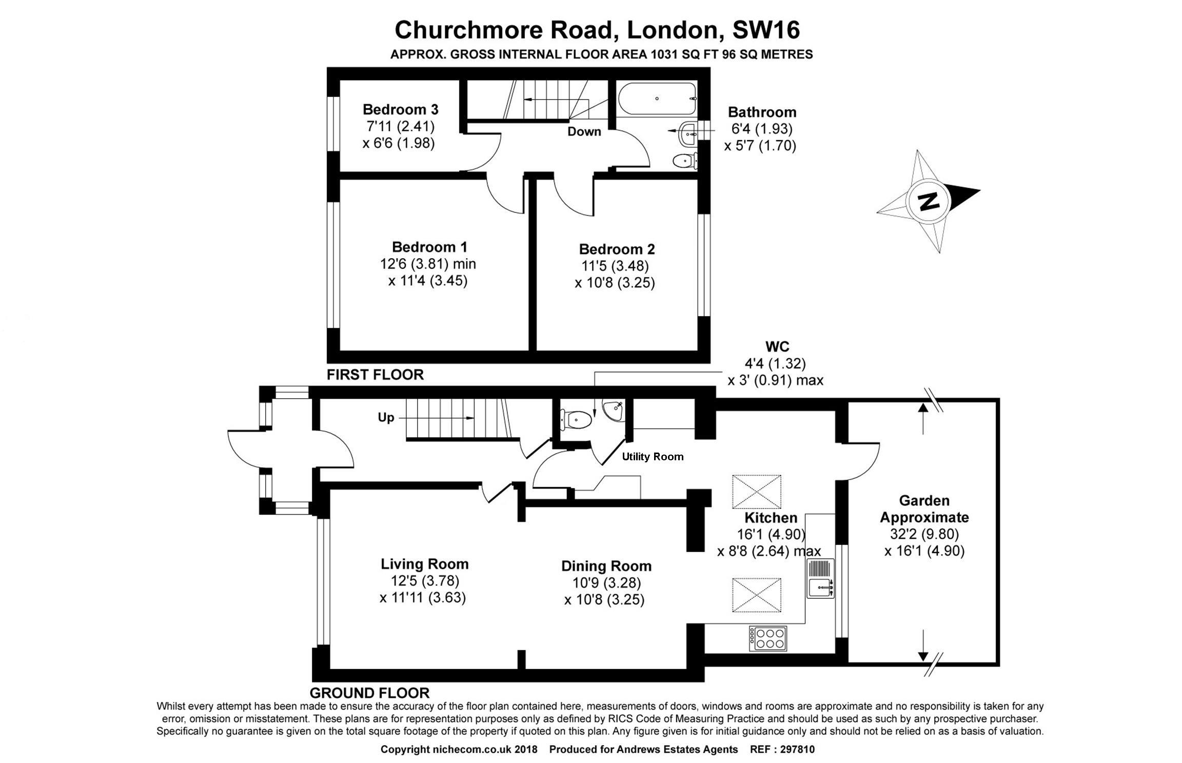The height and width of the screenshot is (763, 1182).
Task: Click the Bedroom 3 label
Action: (x=400, y=109)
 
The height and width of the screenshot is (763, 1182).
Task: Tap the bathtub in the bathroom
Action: (x=657, y=99)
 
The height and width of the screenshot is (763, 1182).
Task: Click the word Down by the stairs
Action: (x=584, y=131)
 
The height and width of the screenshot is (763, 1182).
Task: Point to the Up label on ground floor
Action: (x=386, y=418)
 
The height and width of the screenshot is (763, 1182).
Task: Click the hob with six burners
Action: (x=768, y=639)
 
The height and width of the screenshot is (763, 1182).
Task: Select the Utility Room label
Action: (x=653, y=457)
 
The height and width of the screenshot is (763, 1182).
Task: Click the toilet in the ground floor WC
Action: (x=576, y=420)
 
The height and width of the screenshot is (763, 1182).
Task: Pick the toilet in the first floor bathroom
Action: (x=684, y=161)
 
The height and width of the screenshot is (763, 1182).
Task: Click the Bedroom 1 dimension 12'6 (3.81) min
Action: (x=428, y=264)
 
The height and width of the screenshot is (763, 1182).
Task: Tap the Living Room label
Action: (x=424, y=564)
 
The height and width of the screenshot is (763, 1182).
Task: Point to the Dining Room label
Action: (x=606, y=566)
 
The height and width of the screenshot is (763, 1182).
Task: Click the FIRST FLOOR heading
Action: (x=375, y=375)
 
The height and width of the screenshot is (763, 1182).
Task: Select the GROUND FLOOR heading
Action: (x=369, y=693)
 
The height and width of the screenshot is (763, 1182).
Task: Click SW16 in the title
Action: (x=765, y=30)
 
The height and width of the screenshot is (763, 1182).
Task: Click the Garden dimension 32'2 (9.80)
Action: (x=924, y=534)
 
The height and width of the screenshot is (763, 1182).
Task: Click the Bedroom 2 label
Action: (x=617, y=249)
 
